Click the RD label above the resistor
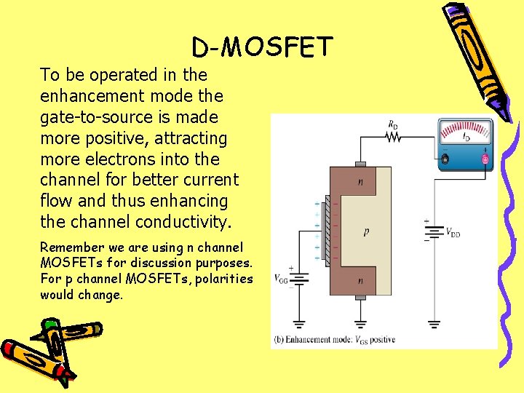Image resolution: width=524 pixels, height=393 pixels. pyautogui.click(x=393, y=124)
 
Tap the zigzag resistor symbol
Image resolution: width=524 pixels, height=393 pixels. pyautogui.click(x=394, y=136)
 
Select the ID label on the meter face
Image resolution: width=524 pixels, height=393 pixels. pyautogui.click(x=465, y=136)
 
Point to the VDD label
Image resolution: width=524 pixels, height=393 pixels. pyautogui.click(x=452, y=233)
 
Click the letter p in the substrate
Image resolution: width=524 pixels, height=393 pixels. pyautogui.click(x=367, y=233)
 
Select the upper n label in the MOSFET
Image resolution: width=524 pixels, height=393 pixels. pyautogui.click(x=360, y=182)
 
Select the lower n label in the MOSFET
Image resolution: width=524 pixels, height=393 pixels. pyautogui.click(x=360, y=280)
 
